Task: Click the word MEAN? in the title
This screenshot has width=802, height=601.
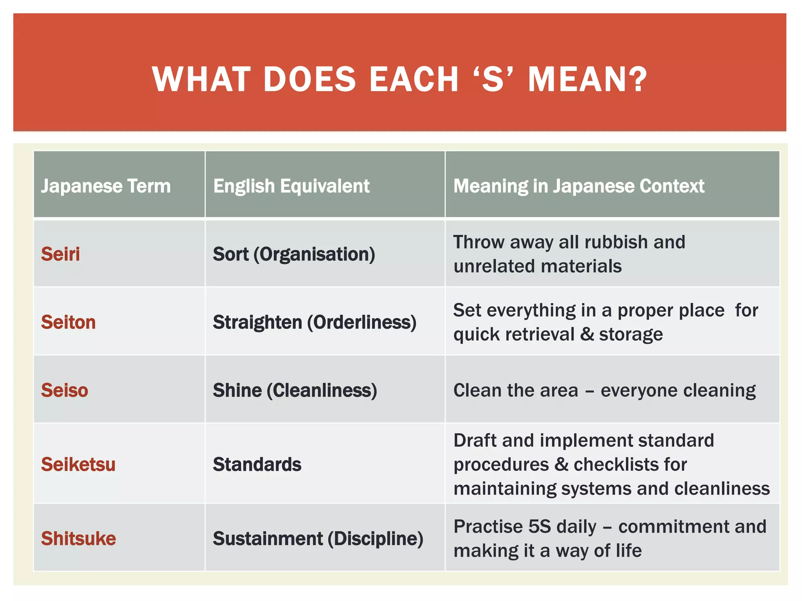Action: (587, 79)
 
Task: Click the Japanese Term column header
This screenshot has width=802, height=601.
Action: (106, 186)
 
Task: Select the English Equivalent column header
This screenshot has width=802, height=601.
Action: (291, 186)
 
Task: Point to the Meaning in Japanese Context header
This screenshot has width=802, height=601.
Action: (578, 186)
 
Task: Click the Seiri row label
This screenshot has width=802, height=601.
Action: (60, 254)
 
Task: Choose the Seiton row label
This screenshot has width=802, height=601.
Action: (68, 322)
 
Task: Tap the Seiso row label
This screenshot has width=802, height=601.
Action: (65, 390)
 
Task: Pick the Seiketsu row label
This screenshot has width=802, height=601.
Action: (78, 464)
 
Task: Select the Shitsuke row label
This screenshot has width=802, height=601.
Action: (78, 538)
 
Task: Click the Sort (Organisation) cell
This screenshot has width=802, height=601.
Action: (294, 254)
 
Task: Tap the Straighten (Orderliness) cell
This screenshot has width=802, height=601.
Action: (314, 322)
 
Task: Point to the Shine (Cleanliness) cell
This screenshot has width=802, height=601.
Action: (294, 390)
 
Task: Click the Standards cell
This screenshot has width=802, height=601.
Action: (257, 464)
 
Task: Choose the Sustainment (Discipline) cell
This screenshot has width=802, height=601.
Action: (318, 538)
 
